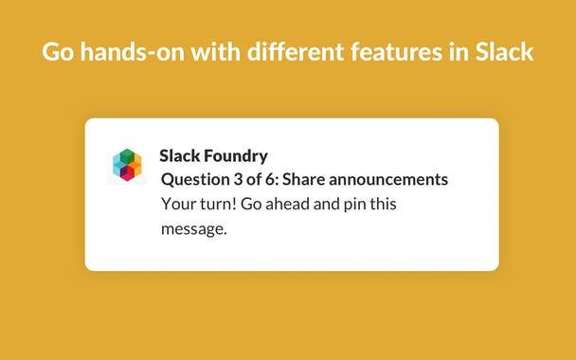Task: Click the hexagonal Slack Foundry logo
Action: pos(126,165)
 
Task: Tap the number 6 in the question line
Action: pos(272,179)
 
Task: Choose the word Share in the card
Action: pos(308,179)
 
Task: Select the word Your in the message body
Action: pos(177,204)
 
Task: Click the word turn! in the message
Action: pos(219,204)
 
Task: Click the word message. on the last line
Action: pos(194,228)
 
